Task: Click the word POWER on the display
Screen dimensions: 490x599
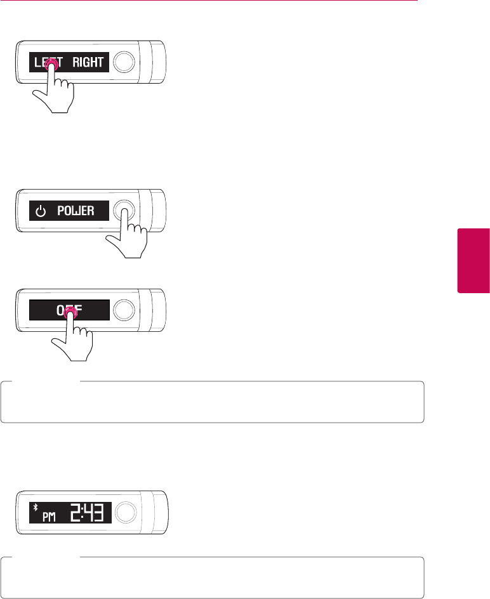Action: [76, 211]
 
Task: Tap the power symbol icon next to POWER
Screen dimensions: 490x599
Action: [42, 211]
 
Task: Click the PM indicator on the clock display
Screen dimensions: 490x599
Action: [49, 517]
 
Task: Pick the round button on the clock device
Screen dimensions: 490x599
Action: [126, 511]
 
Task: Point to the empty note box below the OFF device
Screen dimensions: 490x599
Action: [212, 402]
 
